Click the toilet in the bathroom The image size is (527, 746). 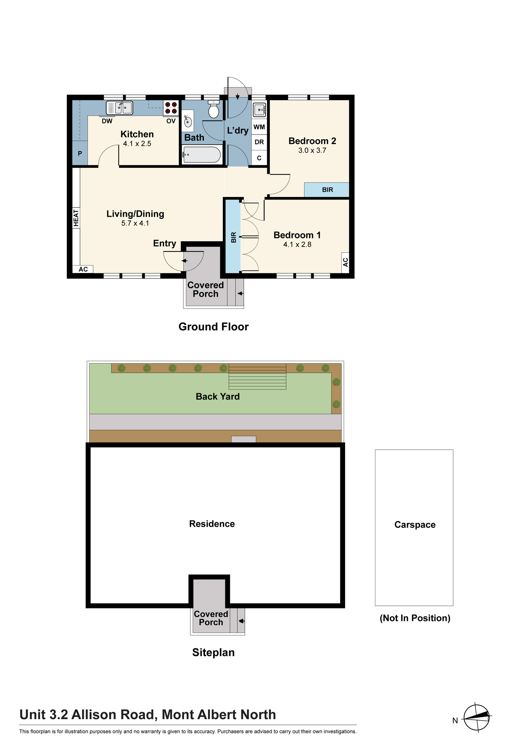(214, 109)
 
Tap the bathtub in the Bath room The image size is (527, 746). (202, 155)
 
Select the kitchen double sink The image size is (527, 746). (119, 108)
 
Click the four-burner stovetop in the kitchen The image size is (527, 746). (171, 108)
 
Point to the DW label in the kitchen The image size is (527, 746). (107, 121)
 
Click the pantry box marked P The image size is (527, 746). (80, 153)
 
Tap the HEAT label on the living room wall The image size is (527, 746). (76, 218)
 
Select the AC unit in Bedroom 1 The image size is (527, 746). (345, 262)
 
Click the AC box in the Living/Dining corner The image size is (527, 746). (83, 269)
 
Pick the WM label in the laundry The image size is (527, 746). (259, 127)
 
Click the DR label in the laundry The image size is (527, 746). (259, 142)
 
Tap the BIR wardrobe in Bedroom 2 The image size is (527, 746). (327, 189)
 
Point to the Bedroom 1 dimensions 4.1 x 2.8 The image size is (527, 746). (297, 245)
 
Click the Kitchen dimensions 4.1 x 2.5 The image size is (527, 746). (137, 144)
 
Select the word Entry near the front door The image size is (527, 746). (165, 244)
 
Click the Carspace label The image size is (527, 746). (415, 525)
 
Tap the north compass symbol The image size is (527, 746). (477, 717)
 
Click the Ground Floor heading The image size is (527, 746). (214, 327)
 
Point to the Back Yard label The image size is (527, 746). (218, 396)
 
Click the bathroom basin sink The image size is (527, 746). (188, 121)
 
